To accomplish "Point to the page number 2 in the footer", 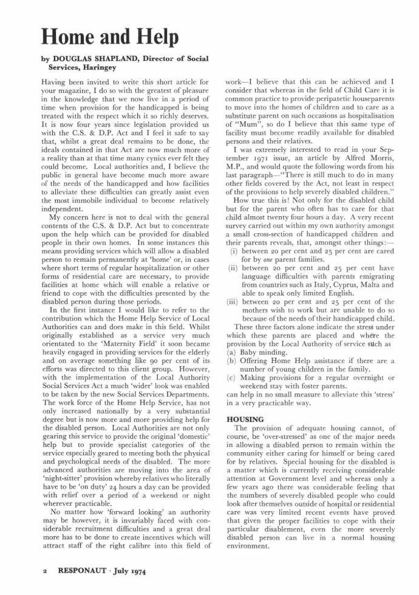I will (x=45, y=571).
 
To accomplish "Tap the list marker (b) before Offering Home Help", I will (x=231, y=361).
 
